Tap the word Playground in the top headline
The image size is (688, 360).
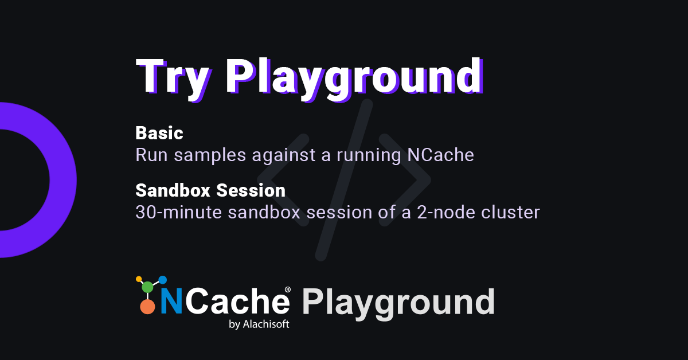pyautogui.click(x=355, y=79)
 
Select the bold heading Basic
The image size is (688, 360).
pyautogui.click(x=159, y=133)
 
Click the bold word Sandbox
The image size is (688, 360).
pyautogui.click(x=173, y=190)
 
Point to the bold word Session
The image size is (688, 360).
pyautogui.click(x=251, y=190)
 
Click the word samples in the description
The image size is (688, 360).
pyautogui.click(x=210, y=155)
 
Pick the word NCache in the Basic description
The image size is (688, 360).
pyautogui.click(x=440, y=155)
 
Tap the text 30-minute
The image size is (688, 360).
pyautogui.click(x=178, y=212)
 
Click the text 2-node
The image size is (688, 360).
pyautogui.click(x=445, y=212)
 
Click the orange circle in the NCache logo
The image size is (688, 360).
pyautogui.click(x=147, y=307)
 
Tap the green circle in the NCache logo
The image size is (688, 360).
pyautogui.click(x=147, y=287)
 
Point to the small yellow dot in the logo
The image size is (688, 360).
pyautogui.click(x=139, y=279)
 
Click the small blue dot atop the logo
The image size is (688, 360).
pyautogui.click(x=162, y=280)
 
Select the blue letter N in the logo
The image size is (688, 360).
pyautogui.click(x=171, y=302)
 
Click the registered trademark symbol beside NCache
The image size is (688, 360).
pyautogui.click(x=288, y=289)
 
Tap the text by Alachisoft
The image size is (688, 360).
pyautogui.click(x=259, y=324)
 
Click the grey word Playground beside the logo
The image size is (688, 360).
pyautogui.click(x=398, y=303)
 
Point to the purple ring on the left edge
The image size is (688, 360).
pyautogui.click(x=63, y=180)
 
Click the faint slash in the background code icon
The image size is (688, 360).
pyautogui.click(x=344, y=180)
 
